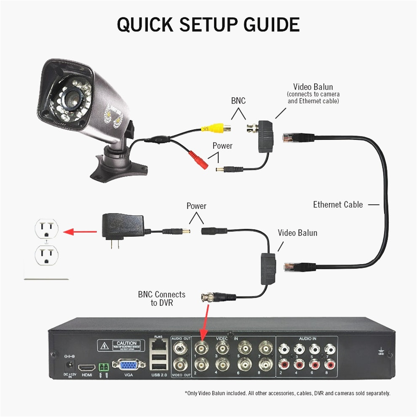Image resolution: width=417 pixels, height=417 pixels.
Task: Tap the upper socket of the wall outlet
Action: coord(46,229)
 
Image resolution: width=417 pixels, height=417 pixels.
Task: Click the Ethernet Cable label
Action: coord(337,205)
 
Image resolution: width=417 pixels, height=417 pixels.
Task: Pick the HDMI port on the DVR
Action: coord(87,366)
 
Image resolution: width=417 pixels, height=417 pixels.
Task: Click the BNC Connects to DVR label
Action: coord(161,299)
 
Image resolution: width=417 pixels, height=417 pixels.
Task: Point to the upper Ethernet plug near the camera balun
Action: coord(298,137)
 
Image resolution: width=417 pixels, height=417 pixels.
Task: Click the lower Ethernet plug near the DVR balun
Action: coord(299,266)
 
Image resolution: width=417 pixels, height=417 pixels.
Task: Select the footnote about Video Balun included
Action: coord(287,393)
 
